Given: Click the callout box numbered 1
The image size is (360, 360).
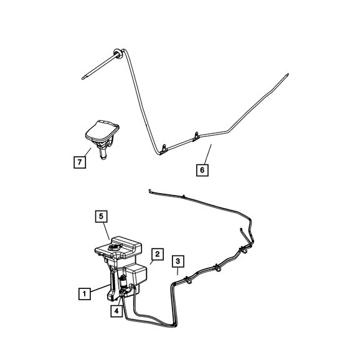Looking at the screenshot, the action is click(85, 293).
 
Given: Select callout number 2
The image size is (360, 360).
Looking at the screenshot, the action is click(158, 254).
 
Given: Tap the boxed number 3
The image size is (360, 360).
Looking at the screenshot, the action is click(178, 261).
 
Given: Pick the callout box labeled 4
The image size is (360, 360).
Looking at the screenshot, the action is click(116, 311).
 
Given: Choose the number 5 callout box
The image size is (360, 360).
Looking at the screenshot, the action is click(102, 216).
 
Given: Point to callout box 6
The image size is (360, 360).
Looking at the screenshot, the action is click(202, 170).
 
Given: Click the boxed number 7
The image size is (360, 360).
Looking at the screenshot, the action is click(80, 163).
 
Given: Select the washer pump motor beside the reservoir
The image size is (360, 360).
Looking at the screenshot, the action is click(123, 282).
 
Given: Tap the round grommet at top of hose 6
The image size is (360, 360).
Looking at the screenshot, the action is click(118, 54).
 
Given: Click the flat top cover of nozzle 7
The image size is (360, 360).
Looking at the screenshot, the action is click(102, 131).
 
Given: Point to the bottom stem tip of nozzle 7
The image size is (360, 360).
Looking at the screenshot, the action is click(103, 158).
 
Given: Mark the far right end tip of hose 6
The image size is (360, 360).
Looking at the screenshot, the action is click(288, 75).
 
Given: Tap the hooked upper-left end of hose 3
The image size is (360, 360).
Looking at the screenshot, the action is click(150, 191).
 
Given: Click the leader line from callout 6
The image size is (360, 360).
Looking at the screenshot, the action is click(207, 154).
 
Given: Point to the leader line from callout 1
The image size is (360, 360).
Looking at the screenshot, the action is click(100, 288).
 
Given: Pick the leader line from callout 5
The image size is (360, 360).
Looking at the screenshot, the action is click(106, 230).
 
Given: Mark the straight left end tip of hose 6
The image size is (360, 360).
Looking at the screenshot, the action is click(83, 78).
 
